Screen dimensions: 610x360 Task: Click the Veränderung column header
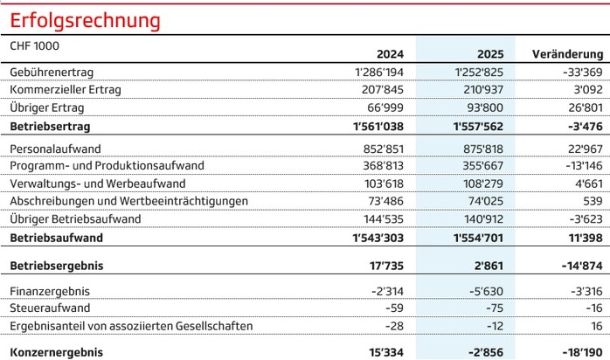tap(567, 53)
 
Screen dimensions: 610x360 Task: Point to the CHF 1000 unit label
tap(34, 43)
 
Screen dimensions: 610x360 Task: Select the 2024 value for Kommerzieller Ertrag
tap(383, 89)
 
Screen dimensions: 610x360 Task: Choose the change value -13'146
tap(579, 165)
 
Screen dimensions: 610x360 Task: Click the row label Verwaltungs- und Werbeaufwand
tap(96, 183)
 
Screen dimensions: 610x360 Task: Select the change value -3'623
tap(582, 218)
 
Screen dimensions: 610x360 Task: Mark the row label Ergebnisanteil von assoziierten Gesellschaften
tap(131, 326)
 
